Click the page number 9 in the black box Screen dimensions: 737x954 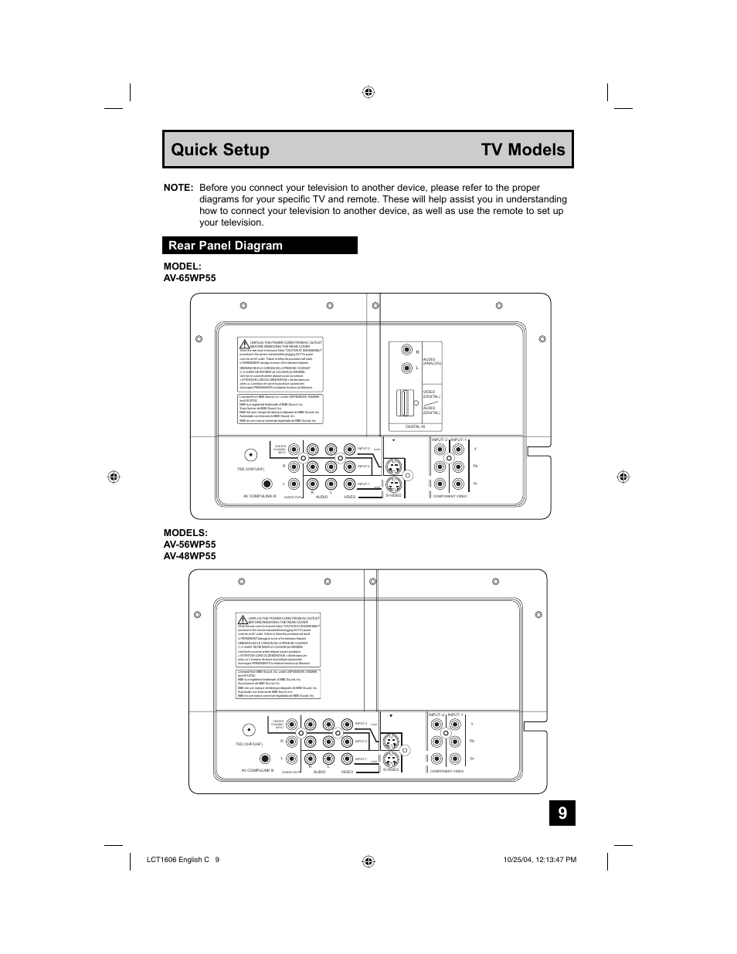pos(562,813)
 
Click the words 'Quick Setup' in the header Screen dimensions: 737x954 pos(220,150)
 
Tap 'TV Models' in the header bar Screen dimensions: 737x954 pos(523,150)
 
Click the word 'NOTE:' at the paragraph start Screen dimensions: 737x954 pos(178,188)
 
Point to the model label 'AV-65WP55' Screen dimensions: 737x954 pos(189,278)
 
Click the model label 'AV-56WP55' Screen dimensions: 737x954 pos(189,545)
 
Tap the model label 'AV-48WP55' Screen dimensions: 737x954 pos(189,556)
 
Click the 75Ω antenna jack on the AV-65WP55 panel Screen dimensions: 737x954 pos(250,455)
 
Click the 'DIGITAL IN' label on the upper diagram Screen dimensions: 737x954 pos(416,426)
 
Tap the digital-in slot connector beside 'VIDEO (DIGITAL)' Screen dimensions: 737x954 pos(403,402)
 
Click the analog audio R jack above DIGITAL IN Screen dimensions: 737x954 pos(406,351)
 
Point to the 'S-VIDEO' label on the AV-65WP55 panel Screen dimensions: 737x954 pos(394,496)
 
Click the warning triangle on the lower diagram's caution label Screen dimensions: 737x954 pos(243,620)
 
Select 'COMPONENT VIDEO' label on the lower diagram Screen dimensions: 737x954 pos(447,772)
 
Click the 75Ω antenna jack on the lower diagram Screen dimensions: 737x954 pos(249,730)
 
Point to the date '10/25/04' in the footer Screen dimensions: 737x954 pos(512,860)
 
